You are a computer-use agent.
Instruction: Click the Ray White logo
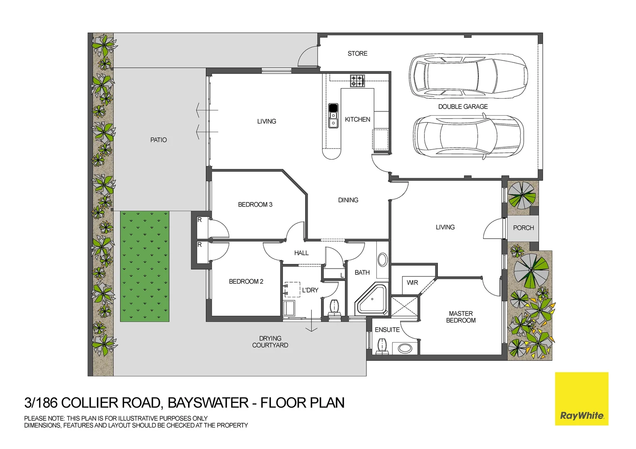(x=581, y=399)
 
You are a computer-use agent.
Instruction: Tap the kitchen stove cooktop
(x=357, y=81)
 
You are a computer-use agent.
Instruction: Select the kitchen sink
(x=333, y=116)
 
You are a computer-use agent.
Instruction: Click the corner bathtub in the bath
(x=371, y=301)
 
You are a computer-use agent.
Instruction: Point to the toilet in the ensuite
(x=382, y=346)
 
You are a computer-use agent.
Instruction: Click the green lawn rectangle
(x=144, y=266)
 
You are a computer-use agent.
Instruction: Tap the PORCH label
(x=523, y=228)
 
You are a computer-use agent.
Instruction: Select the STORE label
(x=358, y=53)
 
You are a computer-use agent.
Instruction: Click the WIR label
(x=412, y=283)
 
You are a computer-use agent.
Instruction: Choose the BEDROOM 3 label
(x=255, y=205)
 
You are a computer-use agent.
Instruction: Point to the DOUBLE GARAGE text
(x=463, y=107)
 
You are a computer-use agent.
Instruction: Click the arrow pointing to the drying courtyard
(x=311, y=321)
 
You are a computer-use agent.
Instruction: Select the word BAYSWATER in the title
(x=208, y=403)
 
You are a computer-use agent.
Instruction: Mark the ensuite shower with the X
(x=404, y=306)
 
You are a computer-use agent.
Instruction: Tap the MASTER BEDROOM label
(x=460, y=317)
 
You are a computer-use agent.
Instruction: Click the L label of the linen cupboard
(x=342, y=275)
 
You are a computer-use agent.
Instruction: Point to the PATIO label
(x=159, y=140)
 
